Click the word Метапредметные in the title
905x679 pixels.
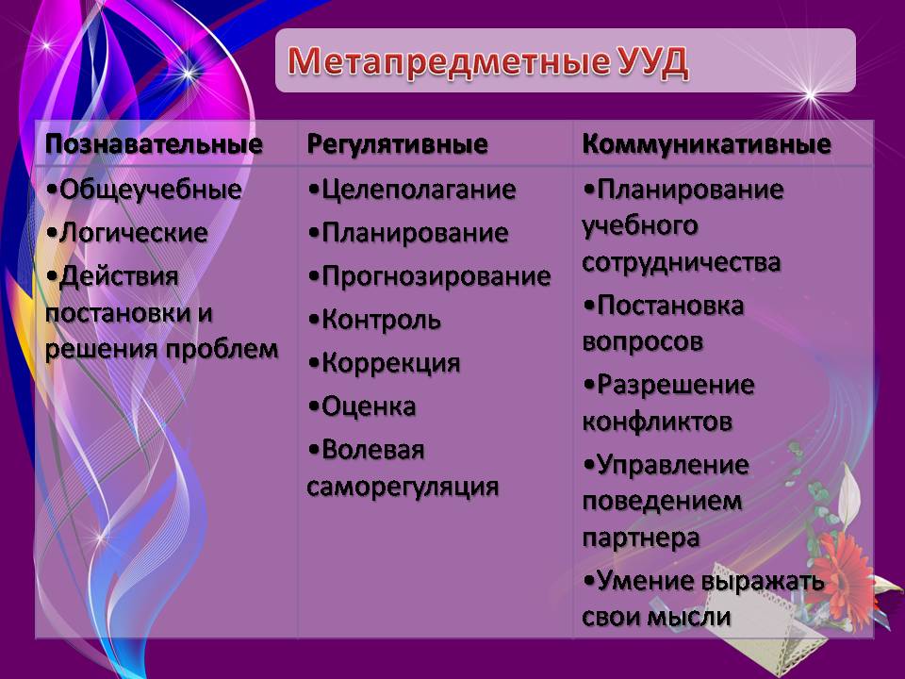pyautogui.click(x=448, y=62)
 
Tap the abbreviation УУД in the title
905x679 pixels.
pyautogui.click(x=652, y=62)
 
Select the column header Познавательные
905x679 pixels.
pyautogui.click(x=154, y=143)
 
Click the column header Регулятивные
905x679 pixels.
pyautogui.click(x=397, y=144)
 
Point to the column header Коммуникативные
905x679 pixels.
pyautogui.click(x=706, y=143)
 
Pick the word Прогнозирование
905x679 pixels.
pyautogui.click(x=436, y=276)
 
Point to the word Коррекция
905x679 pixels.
pyautogui.click(x=390, y=363)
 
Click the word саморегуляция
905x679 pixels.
pyautogui.click(x=403, y=487)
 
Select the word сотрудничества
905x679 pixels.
pyautogui.click(x=682, y=262)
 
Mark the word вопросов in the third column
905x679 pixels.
pyautogui.click(x=642, y=341)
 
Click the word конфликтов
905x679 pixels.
pyautogui.click(x=657, y=421)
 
